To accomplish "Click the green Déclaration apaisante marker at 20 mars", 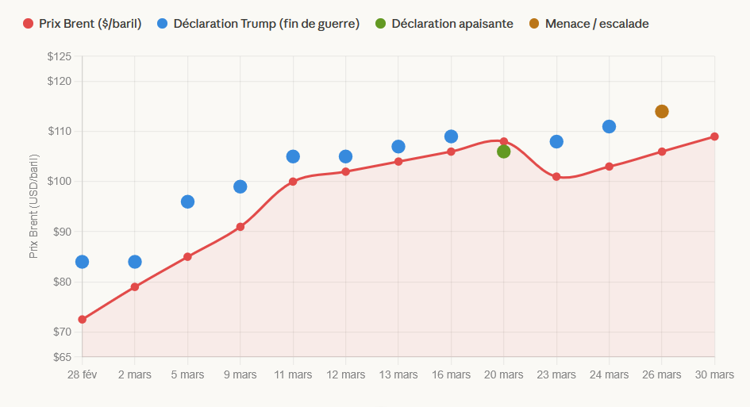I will (x=503, y=152).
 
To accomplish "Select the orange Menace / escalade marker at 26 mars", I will (x=662, y=111).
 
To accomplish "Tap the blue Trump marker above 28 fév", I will (x=82, y=262).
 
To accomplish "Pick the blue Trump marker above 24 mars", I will (x=609, y=126).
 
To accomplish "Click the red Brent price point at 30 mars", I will (x=714, y=136).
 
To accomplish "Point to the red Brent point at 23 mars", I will (x=556, y=176).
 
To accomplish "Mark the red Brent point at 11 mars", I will (x=293, y=182).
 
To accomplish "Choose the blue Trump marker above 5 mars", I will (x=187, y=202).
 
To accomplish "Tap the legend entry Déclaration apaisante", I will (x=452, y=24).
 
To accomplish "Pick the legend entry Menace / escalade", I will (x=596, y=24).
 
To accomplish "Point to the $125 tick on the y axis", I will (x=60, y=56).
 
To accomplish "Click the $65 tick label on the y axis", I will (x=61, y=357).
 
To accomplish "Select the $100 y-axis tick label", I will (x=60, y=182).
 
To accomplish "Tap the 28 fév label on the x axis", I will (x=83, y=374).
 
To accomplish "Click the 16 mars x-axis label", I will (x=451, y=374).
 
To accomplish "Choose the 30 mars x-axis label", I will (x=714, y=374).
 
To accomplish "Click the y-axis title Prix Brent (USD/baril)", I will (x=33, y=206).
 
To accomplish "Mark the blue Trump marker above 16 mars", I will (x=451, y=136).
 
